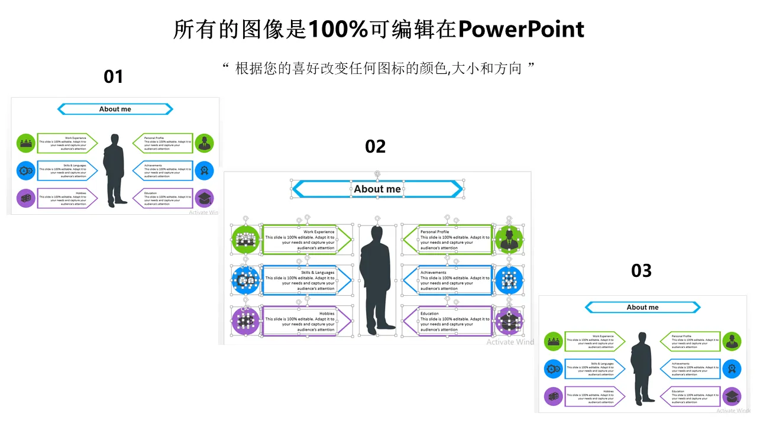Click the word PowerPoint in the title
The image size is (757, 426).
click(521, 29)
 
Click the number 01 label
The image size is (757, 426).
click(113, 77)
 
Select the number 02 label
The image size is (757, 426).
click(376, 146)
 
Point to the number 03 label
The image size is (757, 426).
click(641, 270)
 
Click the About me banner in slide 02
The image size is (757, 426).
click(377, 189)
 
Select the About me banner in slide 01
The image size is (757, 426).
click(115, 109)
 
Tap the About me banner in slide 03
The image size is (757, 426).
click(642, 307)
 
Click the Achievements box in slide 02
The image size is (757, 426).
click(448, 280)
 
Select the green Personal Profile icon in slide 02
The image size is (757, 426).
click(509, 240)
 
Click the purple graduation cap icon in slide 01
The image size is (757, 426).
click(204, 198)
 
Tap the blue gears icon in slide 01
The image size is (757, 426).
click(26, 171)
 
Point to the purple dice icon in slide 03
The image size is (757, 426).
click(554, 396)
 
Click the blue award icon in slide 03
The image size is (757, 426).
click(732, 369)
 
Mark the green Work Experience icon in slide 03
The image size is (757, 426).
click(554, 341)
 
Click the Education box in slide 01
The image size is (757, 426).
click(162, 198)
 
